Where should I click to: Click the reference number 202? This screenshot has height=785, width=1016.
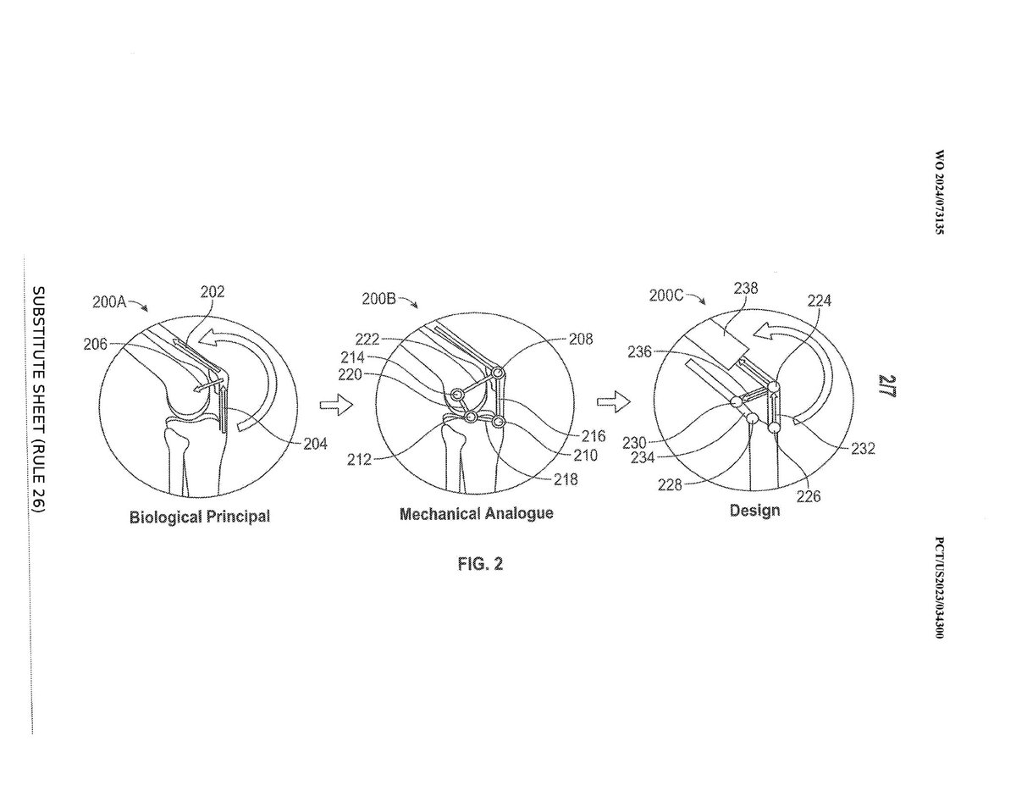213,292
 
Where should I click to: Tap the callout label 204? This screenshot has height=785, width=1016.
315,444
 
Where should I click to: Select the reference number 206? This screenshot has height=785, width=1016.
96,345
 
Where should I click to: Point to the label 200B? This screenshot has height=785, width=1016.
378,298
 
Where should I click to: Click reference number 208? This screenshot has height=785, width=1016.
581,339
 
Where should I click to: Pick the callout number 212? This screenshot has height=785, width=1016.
359,460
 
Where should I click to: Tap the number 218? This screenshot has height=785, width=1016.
566,479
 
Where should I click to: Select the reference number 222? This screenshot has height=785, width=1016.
367,340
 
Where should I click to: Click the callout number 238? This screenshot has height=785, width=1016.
746,288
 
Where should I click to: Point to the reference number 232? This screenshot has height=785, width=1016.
863,449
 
